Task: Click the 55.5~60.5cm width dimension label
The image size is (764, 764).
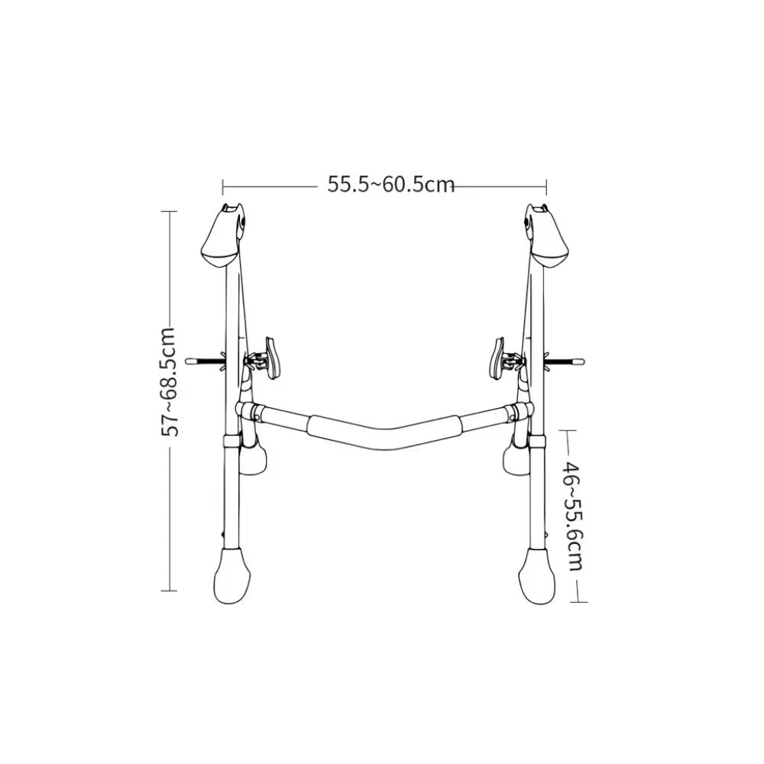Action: (x=391, y=185)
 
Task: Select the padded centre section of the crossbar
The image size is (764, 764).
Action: (x=384, y=425)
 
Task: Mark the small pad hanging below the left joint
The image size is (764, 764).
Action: (x=254, y=460)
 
